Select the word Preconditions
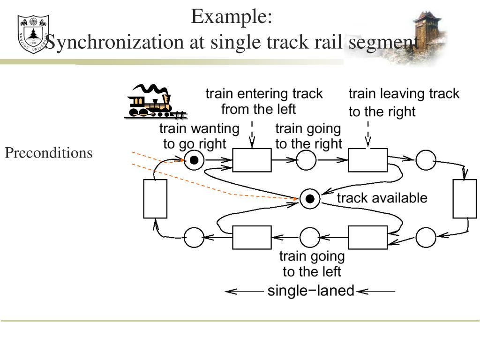coord(49,153)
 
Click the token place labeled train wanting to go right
coord(194,161)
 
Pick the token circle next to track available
coord(310,199)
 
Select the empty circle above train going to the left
coord(310,237)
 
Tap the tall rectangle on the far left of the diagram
coord(155,199)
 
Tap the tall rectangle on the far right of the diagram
coord(465,199)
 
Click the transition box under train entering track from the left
coord(252,160)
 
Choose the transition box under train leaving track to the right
coord(367,160)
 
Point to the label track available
coord(382,198)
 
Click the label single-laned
coord(311,291)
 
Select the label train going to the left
coord(312,264)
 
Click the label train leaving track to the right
coord(404,103)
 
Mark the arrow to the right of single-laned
coord(376,292)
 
